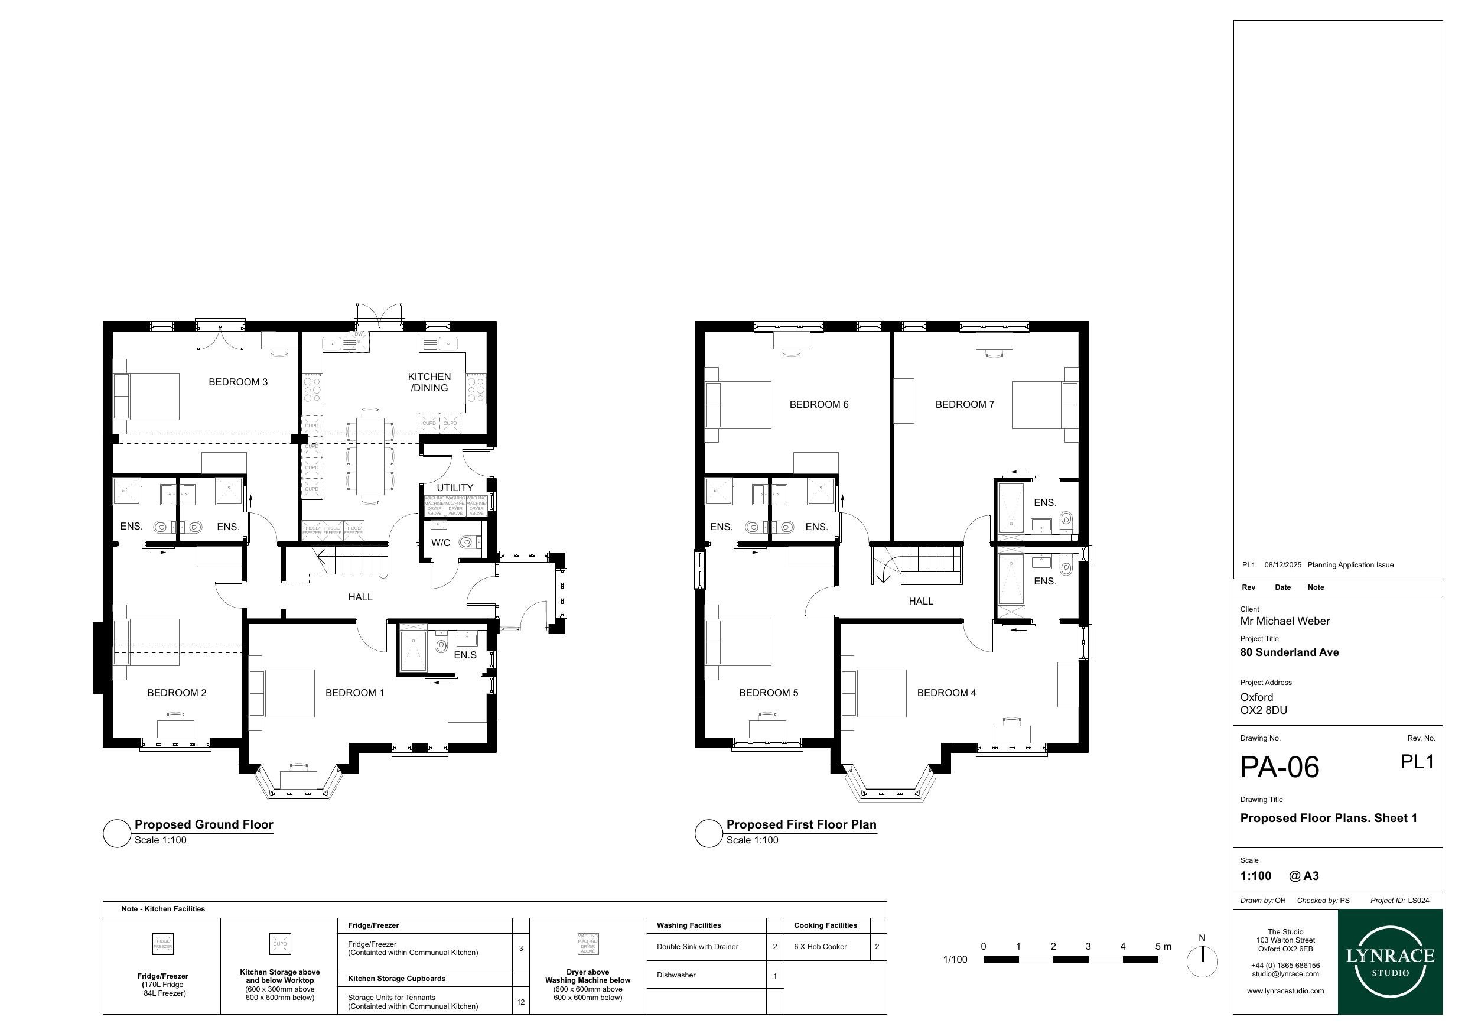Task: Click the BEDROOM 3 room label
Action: (238, 382)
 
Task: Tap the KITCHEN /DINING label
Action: (429, 382)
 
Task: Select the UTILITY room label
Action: (454, 488)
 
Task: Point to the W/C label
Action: (440, 543)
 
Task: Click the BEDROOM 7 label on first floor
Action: (965, 405)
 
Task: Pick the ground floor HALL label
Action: (360, 597)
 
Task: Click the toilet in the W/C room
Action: (467, 543)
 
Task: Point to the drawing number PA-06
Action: (1280, 767)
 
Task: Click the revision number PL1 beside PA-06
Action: (1417, 762)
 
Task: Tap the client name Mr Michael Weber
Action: (1285, 621)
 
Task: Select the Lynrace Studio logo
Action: (1390, 963)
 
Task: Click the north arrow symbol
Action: (1202, 962)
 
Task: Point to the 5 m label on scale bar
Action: (1163, 947)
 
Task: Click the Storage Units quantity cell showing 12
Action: (520, 1002)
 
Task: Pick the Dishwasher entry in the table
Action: (676, 975)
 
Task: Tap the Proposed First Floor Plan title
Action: (801, 824)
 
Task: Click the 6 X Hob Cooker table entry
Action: (820, 947)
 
